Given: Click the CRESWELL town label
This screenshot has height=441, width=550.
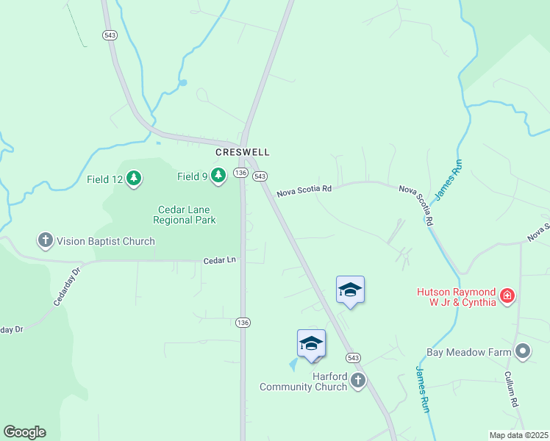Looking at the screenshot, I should coord(242,152).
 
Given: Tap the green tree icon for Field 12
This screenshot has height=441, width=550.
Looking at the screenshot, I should coord(133,177).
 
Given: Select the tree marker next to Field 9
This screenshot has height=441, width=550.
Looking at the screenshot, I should coord(218,175).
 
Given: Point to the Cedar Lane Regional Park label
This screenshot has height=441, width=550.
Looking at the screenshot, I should coord(185,215).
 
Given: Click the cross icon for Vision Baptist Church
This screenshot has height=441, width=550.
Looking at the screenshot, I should coord(46,240).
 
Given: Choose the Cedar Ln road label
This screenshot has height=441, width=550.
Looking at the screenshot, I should coord(220,260).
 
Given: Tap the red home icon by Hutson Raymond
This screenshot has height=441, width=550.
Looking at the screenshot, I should coord(507,295).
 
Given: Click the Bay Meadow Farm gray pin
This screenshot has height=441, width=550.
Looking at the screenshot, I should coord(523,351).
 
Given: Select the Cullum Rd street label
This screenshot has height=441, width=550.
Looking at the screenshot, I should coord(512,389).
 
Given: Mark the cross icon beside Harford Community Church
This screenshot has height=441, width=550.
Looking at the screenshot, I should coord(357,380).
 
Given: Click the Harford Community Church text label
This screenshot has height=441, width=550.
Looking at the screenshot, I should coord(304,381).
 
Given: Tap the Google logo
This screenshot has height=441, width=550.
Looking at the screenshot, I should coord(24,432).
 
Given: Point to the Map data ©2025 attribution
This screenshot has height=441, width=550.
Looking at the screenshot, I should coord(518,435).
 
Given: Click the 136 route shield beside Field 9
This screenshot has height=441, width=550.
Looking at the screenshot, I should coord(240,172).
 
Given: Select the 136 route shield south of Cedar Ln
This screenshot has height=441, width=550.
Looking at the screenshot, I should coord(243,323).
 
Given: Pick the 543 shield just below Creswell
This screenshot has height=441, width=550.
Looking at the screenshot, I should coord(260,176).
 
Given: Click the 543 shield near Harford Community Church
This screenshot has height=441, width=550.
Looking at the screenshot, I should coord(354,357).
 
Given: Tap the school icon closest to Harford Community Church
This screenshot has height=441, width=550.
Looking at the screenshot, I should coord(311,343).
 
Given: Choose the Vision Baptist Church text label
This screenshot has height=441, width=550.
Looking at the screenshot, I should coord(107,241).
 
